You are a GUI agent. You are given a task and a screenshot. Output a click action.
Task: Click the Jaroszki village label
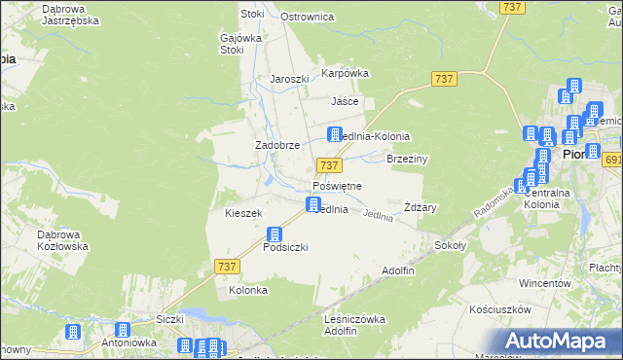[x=289, y=80]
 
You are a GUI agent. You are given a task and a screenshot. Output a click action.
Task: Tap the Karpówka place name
[x=346, y=72]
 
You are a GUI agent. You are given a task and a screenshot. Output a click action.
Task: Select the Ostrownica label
[x=308, y=17]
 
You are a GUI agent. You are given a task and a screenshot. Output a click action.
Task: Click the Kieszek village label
[x=243, y=212]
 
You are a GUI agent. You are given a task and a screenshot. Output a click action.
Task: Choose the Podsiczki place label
[x=285, y=247]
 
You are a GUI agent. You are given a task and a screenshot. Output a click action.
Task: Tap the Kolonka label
[x=247, y=290]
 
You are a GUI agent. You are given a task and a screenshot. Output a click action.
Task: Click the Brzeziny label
[x=408, y=158]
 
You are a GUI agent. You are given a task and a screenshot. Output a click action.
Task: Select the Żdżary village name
[x=421, y=207]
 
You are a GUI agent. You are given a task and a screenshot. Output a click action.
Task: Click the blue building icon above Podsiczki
[x=275, y=234]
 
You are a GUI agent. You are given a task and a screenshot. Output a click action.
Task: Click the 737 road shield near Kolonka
[x=226, y=266]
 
